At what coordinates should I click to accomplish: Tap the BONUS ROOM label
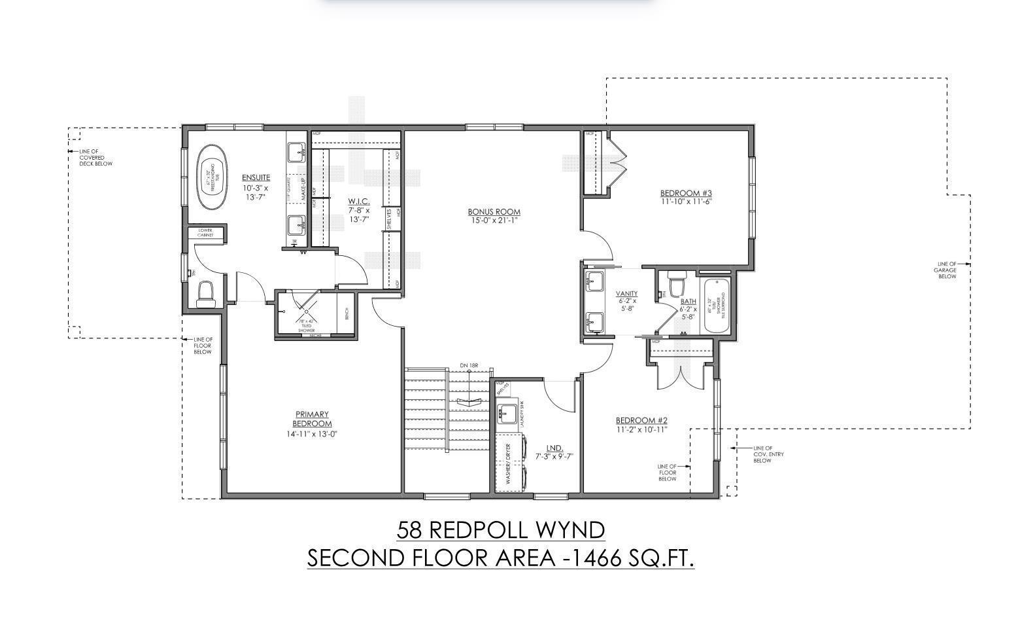click(x=494, y=211)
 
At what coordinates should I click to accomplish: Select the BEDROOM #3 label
click(x=685, y=193)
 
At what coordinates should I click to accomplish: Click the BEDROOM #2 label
click(x=641, y=420)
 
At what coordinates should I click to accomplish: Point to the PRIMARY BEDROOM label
click(x=312, y=419)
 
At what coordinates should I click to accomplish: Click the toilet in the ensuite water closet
click(x=205, y=294)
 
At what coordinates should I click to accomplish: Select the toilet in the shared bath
click(x=676, y=285)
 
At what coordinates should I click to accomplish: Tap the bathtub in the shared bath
click(x=717, y=306)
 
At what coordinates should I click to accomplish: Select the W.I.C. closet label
click(x=358, y=201)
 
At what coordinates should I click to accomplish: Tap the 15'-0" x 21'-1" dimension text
click(x=494, y=221)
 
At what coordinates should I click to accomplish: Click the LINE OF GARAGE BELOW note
click(x=946, y=270)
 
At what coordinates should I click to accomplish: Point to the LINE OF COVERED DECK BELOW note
click(x=95, y=158)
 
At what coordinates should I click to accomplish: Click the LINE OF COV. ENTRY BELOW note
click(x=768, y=454)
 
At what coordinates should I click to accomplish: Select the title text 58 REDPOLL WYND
click(x=501, y=529)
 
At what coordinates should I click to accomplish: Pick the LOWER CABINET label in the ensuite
click(x=205, y=232)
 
